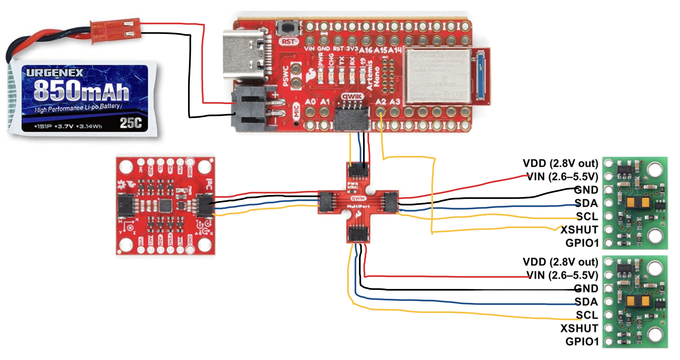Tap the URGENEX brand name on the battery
[x=55, y=73]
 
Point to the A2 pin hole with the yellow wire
[x=380, y=112]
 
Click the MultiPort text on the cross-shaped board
[x=358, y=206]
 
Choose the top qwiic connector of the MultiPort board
[x=358, y=170]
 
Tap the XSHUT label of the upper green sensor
[x=579, y=230]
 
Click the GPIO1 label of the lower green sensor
[x=582, y=342]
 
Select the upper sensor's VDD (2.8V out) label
[x=560, y=163]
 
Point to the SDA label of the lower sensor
[x=586, y=302]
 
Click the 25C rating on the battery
[x=131, y=123]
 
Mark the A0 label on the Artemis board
[x=310, y=102]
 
